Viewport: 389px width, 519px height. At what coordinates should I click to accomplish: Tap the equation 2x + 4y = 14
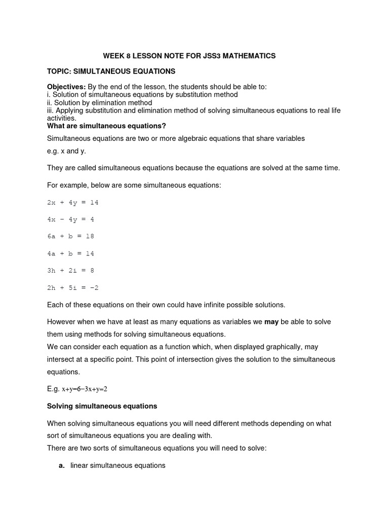pyautogui.click(x=72, y=202)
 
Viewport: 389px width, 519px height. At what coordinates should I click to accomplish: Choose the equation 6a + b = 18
pyautogui.click(x=70, y=236)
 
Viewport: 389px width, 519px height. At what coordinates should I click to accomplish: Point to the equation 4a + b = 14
pyautogui.click(x=70, y=253)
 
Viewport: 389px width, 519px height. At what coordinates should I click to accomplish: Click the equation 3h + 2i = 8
pyautogui.click(x=70, y=271)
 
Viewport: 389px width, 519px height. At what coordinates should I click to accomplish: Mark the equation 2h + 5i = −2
pyautogui.click(x=72, y=287)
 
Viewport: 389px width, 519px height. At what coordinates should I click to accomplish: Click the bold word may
pyautogui.click(x=271, y=322)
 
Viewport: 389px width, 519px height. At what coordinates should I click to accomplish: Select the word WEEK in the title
pyautogui.click(x=113, y=55)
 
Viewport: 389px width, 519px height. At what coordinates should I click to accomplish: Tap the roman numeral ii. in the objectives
pyautogui.click(x=50, y=102)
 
